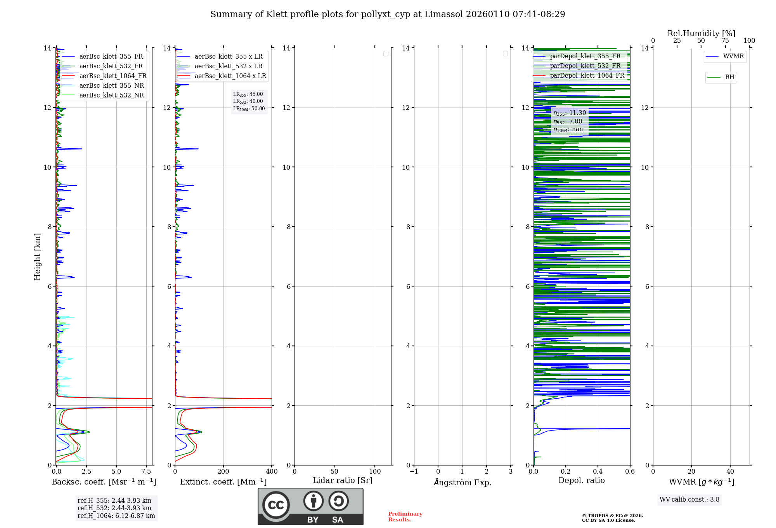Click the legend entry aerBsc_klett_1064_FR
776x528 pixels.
pos(113,76)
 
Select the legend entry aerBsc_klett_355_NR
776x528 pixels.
pos(111,86)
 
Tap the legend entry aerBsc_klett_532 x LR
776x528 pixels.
pos(228,66)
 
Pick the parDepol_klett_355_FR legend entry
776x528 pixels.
pos(585,56)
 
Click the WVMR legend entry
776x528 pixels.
pos(733,56)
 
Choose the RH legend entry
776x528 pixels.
pos(729,77)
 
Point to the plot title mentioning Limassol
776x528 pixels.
pos(388,14)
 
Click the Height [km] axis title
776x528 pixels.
pos(37,257)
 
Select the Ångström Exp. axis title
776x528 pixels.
pos(462,483)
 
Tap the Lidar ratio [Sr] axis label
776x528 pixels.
pos(343,481)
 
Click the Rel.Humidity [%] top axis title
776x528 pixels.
pos(701,33)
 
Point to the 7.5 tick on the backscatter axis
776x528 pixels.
pos(146,472)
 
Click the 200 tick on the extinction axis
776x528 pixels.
pos(223,472)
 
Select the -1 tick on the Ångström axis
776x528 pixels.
pos(414,472)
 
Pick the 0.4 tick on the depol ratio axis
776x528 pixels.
pos(598,472)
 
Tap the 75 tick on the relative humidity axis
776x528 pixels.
pos(725,41)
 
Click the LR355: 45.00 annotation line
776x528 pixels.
pos(248,94)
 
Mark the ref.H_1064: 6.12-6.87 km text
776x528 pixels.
pos(116,516)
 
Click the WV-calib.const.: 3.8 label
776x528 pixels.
pos(689,500)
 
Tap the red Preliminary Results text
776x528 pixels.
pos(405,517)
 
